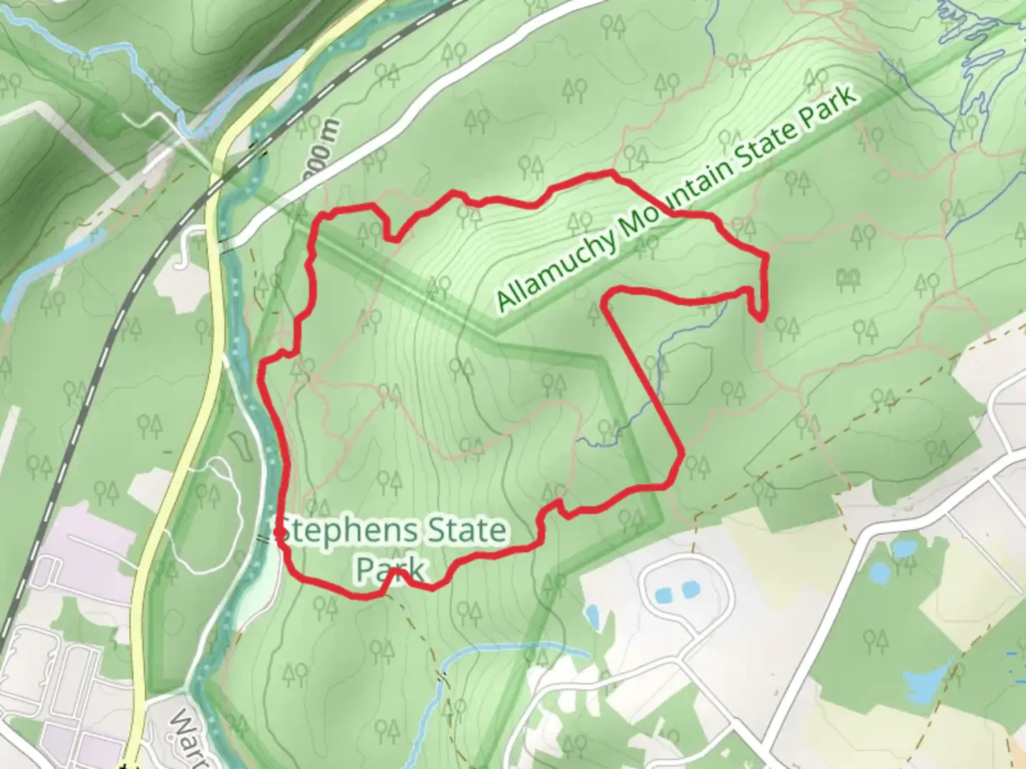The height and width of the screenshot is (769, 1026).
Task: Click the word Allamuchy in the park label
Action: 556,267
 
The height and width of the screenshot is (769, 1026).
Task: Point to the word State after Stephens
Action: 466,531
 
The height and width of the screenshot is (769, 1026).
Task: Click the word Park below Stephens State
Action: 390,569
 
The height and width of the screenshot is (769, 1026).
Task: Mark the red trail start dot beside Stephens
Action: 277,531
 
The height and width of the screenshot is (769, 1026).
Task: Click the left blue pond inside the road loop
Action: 662,593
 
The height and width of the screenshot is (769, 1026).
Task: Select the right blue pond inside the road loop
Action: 688,590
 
